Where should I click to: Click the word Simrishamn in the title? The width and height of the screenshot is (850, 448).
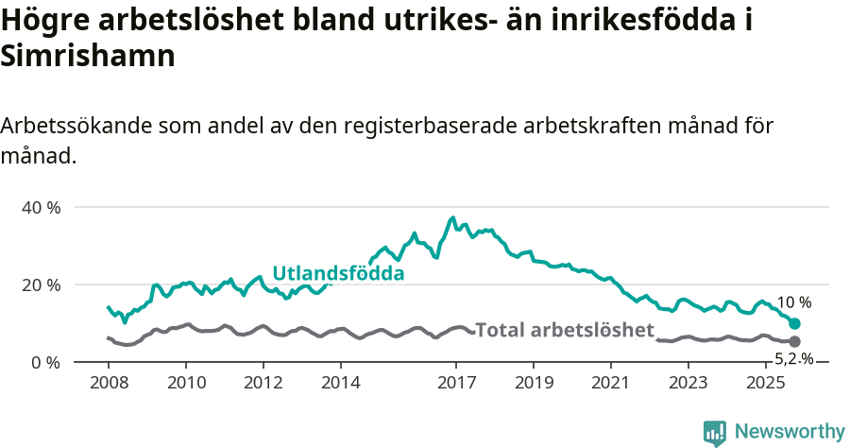pyautogui.click(x=88, y=56)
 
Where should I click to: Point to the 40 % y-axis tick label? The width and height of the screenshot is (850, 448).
pyautogui.click(x=41, y=207)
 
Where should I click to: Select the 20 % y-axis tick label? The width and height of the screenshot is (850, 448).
pyautogui.click(x=41, y=284)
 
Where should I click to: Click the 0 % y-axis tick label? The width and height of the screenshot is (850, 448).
pyautogui.click(x=44, y=362)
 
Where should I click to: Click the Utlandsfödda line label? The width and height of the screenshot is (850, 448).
pyautogui.click(x=338, y=274)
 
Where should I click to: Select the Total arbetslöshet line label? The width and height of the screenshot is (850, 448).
pyautogui.click(x=565, y=330)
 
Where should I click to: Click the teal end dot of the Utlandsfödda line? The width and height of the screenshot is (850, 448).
pyautogui.click(x=794, y=324)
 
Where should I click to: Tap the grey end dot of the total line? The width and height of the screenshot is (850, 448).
pyautogui.click(x=794, y=341)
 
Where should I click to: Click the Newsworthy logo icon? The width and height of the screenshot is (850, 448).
pyautogui.click(x=715, y=433)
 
